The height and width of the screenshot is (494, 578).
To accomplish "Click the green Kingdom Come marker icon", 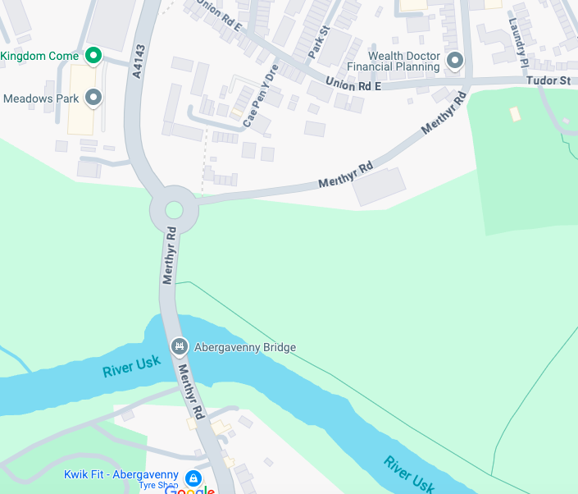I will tap(93, 56).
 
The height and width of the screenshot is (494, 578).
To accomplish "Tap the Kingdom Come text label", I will tap(39, 56).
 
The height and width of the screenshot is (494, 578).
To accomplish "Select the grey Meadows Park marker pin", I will tap(93, 98).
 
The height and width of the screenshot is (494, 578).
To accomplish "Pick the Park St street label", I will tap(318, 42).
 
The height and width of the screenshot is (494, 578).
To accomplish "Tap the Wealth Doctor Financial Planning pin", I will tap(453, 60).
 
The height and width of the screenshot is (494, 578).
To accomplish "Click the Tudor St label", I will tap(548, 80).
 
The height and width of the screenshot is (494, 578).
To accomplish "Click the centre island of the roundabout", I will tap(174, 210).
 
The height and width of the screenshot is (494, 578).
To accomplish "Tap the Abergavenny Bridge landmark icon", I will tap(179, 347).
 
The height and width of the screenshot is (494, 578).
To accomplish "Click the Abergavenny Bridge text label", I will tap(244, 347).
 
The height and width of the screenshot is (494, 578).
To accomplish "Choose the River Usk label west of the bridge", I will tap(131, 366).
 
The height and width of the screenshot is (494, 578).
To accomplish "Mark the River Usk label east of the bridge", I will tap(409, 473).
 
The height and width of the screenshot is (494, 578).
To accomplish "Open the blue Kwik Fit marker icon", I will tap(193, 478).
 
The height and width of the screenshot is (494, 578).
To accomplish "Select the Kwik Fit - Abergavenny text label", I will tap(121, 474).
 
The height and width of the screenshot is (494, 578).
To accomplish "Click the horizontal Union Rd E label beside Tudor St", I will tap(353, 83).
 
